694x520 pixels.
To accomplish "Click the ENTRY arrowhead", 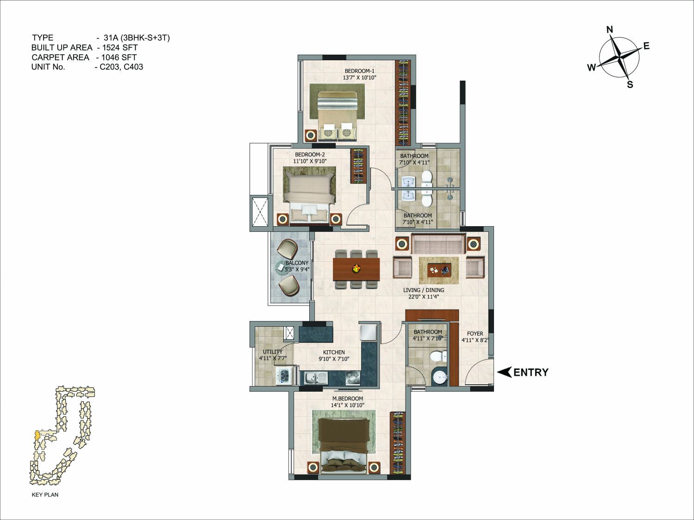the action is (504, 372).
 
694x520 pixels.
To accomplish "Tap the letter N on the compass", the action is (610, 30).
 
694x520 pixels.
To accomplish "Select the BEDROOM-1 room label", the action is (359, 70).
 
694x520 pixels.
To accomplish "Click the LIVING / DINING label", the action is (424, 290).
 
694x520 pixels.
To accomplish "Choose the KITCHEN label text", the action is (334, 352).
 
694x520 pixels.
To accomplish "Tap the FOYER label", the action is (475, 334).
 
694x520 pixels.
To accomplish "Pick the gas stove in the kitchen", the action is (353, 378).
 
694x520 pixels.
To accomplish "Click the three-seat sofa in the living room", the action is (438, 244).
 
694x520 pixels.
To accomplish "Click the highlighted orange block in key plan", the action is (38, 435).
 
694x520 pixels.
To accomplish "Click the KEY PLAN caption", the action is (45, 495).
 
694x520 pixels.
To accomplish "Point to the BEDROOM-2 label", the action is (310, 154).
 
